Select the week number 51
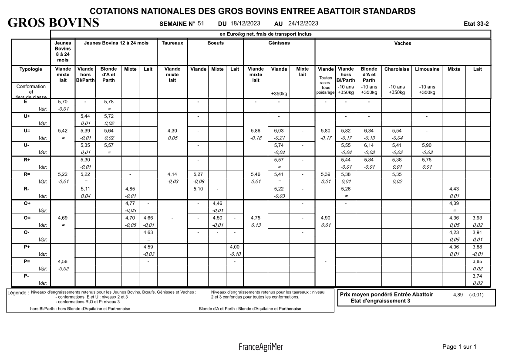201,24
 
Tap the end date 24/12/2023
303,24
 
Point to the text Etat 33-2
477,24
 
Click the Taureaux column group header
172,43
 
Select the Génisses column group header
279,43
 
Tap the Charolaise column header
397,69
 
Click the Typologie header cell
31,69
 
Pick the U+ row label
27,117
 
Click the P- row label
27,276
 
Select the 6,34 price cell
369,131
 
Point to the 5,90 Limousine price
427,145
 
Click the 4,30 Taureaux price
172,131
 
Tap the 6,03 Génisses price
279,131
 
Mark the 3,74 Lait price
478,276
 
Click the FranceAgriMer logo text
260,347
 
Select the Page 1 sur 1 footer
459,347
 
